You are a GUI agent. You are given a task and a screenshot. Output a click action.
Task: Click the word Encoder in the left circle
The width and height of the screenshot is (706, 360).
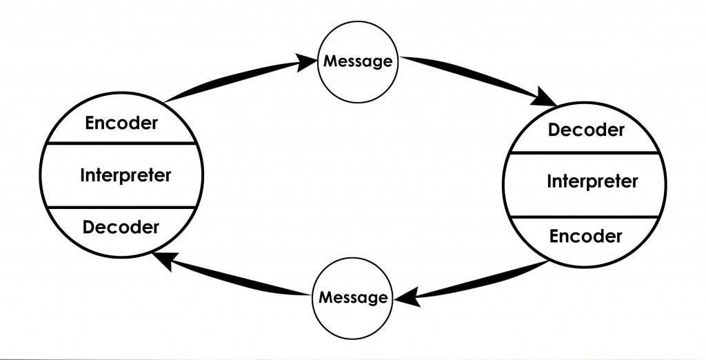121,123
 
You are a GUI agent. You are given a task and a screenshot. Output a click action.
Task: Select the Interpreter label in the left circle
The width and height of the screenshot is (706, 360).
125,175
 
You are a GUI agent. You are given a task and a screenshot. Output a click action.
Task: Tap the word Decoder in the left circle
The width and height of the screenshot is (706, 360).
121,226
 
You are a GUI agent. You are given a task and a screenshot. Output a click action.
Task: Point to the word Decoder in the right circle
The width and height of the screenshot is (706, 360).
586,130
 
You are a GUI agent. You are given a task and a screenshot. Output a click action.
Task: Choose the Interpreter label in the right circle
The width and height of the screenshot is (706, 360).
592,182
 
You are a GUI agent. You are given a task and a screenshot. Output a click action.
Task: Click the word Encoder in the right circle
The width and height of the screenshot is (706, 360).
586,237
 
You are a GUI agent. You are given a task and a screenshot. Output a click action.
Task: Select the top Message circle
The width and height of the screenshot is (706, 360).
358,61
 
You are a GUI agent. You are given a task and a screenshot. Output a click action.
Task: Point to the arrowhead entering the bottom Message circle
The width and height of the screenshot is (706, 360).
406,298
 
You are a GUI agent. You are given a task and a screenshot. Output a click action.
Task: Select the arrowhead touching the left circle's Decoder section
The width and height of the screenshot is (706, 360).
163,259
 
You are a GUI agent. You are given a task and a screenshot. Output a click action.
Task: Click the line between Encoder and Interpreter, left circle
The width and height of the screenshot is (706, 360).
121,143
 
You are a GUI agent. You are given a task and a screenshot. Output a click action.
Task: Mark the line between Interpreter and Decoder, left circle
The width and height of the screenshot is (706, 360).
121,207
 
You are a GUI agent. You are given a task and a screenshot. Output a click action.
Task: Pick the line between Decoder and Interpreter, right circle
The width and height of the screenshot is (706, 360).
586,152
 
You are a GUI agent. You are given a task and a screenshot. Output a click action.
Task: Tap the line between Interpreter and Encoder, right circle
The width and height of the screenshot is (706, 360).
586,216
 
